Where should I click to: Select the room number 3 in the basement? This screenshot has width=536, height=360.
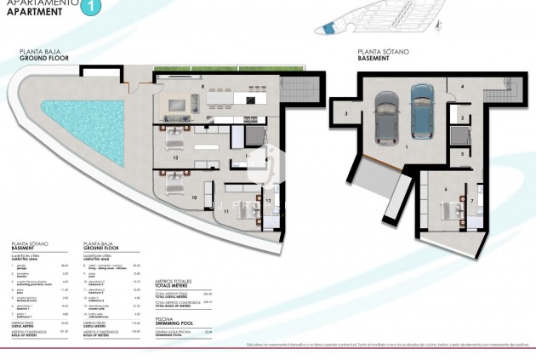pyautogui.click(x=346, y=113)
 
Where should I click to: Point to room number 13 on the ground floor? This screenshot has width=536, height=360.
pyautogui.click(x=175, y=157)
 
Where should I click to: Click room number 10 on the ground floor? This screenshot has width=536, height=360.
pyautogui.click(x=195, y=197)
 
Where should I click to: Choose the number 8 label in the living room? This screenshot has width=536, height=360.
pyautogui.click(x=202, y=87)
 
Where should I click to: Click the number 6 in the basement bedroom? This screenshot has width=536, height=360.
pyautogui.click(x=446, y=191)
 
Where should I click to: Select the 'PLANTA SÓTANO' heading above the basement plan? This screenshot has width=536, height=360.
pyautogui.click(x=380, y=51)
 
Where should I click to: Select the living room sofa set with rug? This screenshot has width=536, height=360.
pyautogui.click(x=180, y=105)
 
